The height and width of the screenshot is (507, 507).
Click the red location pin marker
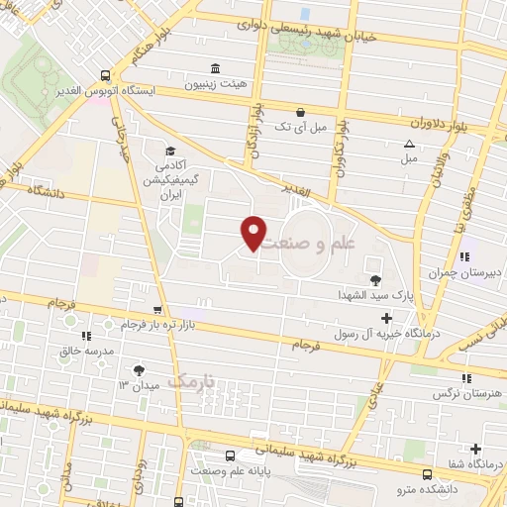coord(254,233)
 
